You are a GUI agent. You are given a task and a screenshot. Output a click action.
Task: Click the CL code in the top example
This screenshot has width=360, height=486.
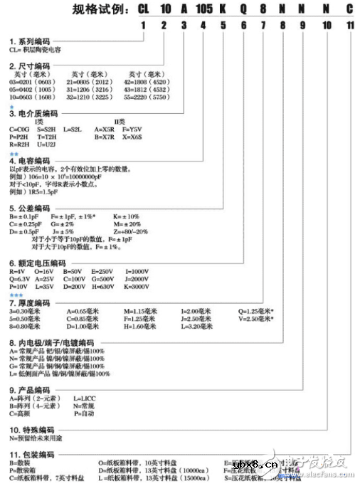tap(144, 9)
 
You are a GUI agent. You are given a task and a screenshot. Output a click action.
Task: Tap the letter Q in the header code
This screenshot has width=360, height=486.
tap(244, 9)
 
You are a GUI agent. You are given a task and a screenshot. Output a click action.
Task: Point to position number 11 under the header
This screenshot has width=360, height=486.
tap(349, 26)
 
